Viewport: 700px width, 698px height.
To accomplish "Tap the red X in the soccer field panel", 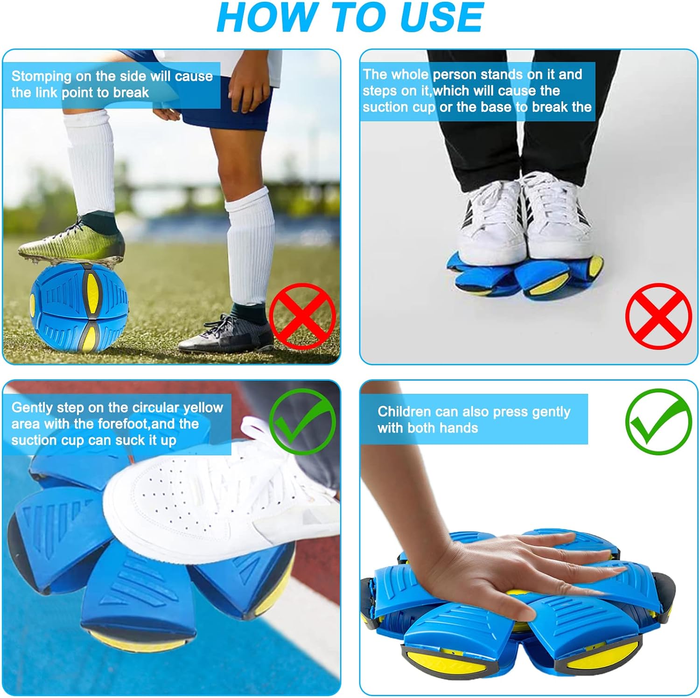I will (x=302, y=316).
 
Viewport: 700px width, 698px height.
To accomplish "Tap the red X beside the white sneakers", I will (x=658, y=316).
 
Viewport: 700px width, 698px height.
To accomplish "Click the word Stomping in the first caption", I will (x=41, y=76).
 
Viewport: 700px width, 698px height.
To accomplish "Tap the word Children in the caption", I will (x=404, y=412).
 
